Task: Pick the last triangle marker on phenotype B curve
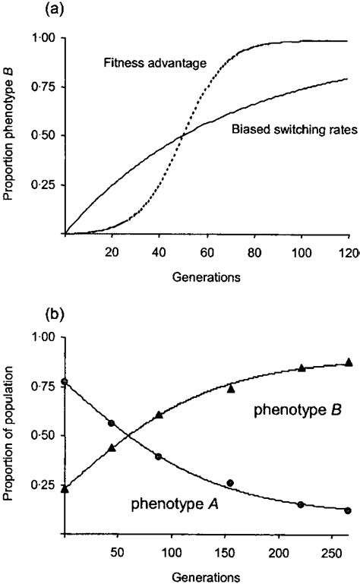tap(349, 362)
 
